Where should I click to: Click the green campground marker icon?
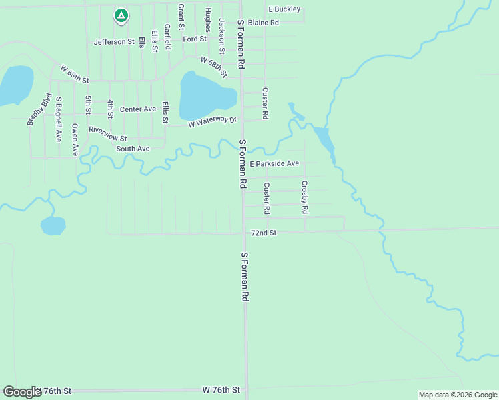pos(121,14)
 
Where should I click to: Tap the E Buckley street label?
pos(284,9)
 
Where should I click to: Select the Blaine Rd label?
pos(263,23)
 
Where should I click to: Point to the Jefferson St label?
pos(114,41)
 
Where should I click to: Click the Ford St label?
pos(195,39)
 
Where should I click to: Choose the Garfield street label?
pos(167,37)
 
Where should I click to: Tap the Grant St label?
pos(181,17)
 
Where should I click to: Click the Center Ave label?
pos(138,109)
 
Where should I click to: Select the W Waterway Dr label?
pos(213,123)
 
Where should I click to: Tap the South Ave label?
pos(133,149)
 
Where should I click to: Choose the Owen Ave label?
pos(75,139)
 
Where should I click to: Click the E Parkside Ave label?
pos(274,163)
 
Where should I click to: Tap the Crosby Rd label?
pos(304,197)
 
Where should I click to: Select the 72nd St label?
pos(264,233)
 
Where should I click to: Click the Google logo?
pos(22,392)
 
